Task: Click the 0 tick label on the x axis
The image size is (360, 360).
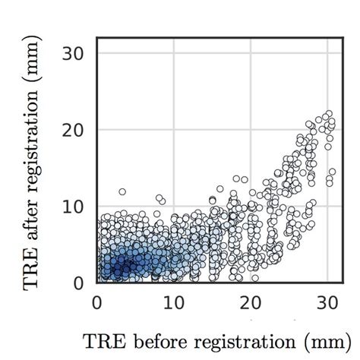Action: [97, 302]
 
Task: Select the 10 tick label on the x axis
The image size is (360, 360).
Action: [173, 302]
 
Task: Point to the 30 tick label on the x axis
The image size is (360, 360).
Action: [327, 302]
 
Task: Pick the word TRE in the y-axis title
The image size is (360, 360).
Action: [32, 267]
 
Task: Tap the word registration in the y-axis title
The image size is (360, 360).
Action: [32, 139]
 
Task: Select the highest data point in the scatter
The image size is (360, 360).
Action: [328, 113]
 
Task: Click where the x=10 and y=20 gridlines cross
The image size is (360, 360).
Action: [173, 130]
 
